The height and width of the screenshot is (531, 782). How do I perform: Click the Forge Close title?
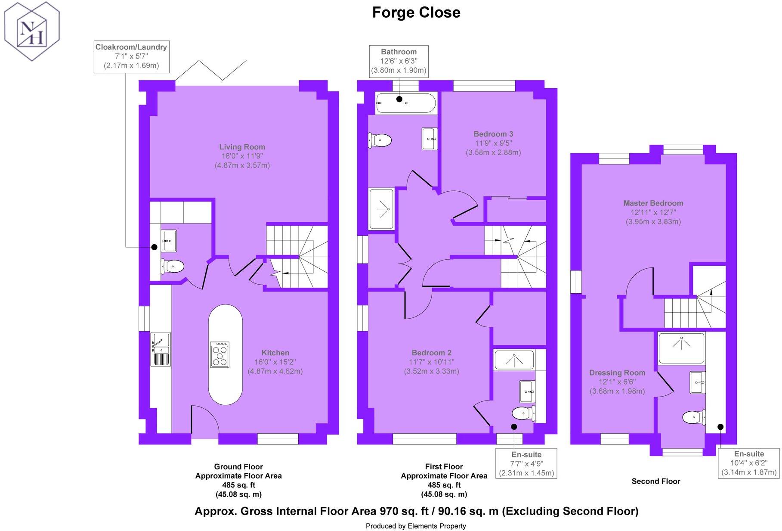[416, 12]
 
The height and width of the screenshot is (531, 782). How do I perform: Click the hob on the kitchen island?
[219, 354]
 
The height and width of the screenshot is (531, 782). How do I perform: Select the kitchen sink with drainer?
[160, 349]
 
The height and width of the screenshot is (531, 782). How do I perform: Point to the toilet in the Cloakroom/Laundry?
[173, 266]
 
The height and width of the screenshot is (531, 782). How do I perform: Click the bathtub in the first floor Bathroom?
[405, 103]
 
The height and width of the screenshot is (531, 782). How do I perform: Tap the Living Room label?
[242, 147]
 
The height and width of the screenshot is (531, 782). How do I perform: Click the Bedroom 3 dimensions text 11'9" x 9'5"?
[493, 143]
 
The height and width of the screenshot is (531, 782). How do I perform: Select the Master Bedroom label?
[653, 203]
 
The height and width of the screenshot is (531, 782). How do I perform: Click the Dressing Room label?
[617, 373]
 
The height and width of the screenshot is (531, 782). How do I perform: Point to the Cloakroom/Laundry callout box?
[131, 56]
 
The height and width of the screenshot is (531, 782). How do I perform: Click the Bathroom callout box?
[399, 61]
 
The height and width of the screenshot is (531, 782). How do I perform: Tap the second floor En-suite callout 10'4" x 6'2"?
[749, 463]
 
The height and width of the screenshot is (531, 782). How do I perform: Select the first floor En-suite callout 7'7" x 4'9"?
[526, 464]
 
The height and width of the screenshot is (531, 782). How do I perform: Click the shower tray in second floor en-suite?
[681, 348]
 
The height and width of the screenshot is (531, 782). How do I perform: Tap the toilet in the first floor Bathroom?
[380, 140]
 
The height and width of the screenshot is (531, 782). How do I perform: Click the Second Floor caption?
[655, 481]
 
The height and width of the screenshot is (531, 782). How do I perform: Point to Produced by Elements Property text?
[415, 526]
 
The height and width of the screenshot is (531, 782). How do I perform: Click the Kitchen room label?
[275, 353]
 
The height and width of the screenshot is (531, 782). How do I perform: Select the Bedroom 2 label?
[431, 353]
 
